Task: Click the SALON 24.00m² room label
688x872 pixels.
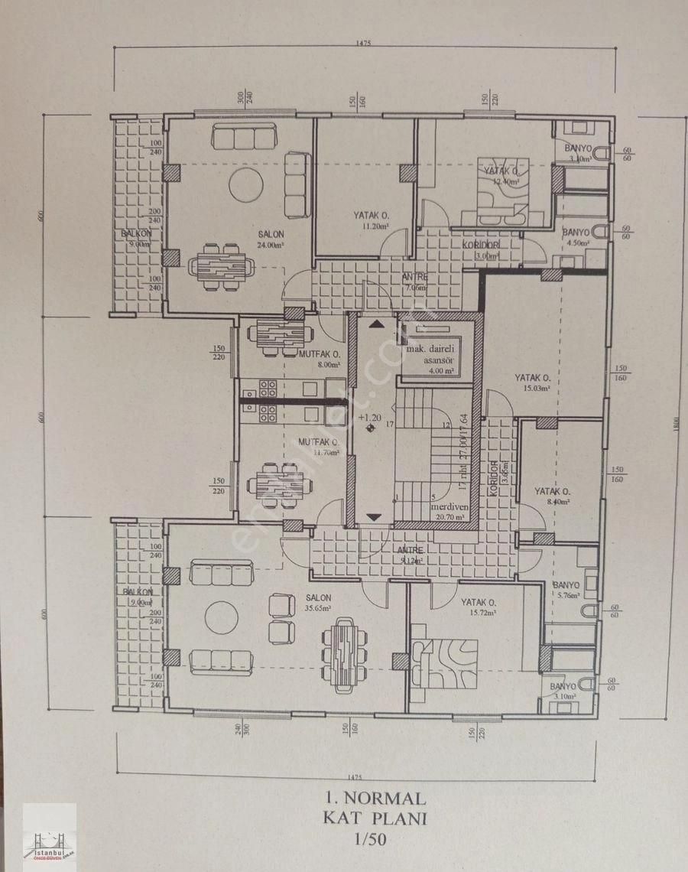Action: [x=271, y=239]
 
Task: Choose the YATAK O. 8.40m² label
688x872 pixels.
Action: [x=553, y=496]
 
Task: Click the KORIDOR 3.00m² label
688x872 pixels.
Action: [x=482, y=250]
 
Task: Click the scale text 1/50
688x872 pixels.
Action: [x=371, y=841]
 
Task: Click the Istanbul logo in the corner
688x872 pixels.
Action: [x=50, y=837]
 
